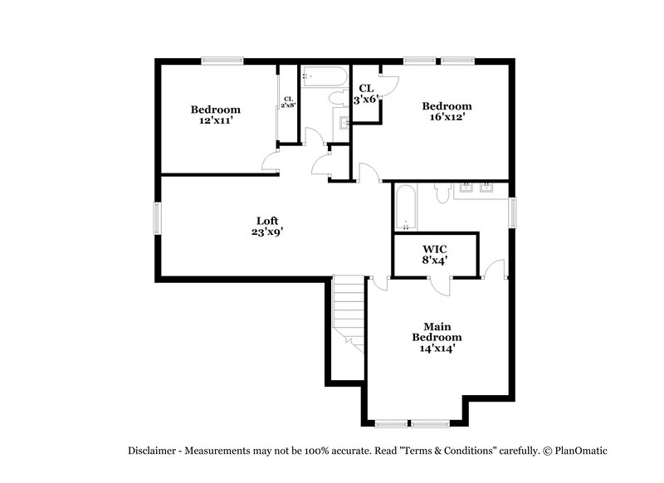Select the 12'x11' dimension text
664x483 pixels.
pyautogui.click(x=215, y=121)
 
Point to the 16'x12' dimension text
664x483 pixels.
pyautogui.click(x=447, y=117)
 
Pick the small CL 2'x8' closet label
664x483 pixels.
pyautogui.click(x=288, y=102)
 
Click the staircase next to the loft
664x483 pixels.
pyautogui.click(x=349, y=311)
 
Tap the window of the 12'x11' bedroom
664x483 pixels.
pyautogui.click(x=222, y=60)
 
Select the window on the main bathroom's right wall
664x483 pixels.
pyautogui.click(x=512, y=210)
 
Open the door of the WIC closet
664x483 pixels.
pyautogui.click(x=443, y=285)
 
